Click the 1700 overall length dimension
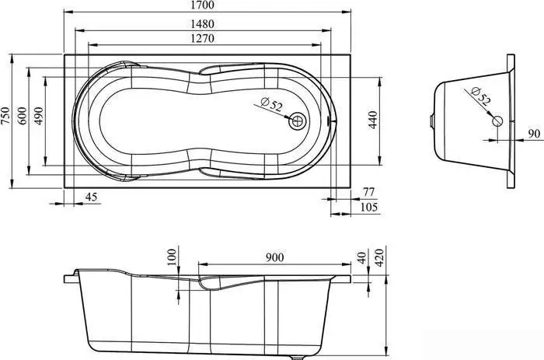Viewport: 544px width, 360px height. [x=203, y=5]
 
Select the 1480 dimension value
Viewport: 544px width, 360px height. [x=203, y=24]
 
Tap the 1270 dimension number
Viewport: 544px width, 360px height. [x=203, y=38]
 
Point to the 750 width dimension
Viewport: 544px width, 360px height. [x=5, y=116]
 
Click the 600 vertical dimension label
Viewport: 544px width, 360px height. [x=22, y=116]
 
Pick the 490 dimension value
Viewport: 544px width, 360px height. [x=38, y=116]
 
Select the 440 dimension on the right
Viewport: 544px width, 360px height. [x=372, y=120]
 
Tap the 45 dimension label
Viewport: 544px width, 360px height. [x=91, y=197]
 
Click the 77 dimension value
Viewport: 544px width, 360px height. [x=369, y=191]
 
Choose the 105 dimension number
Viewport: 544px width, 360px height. [x=369, y=207]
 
